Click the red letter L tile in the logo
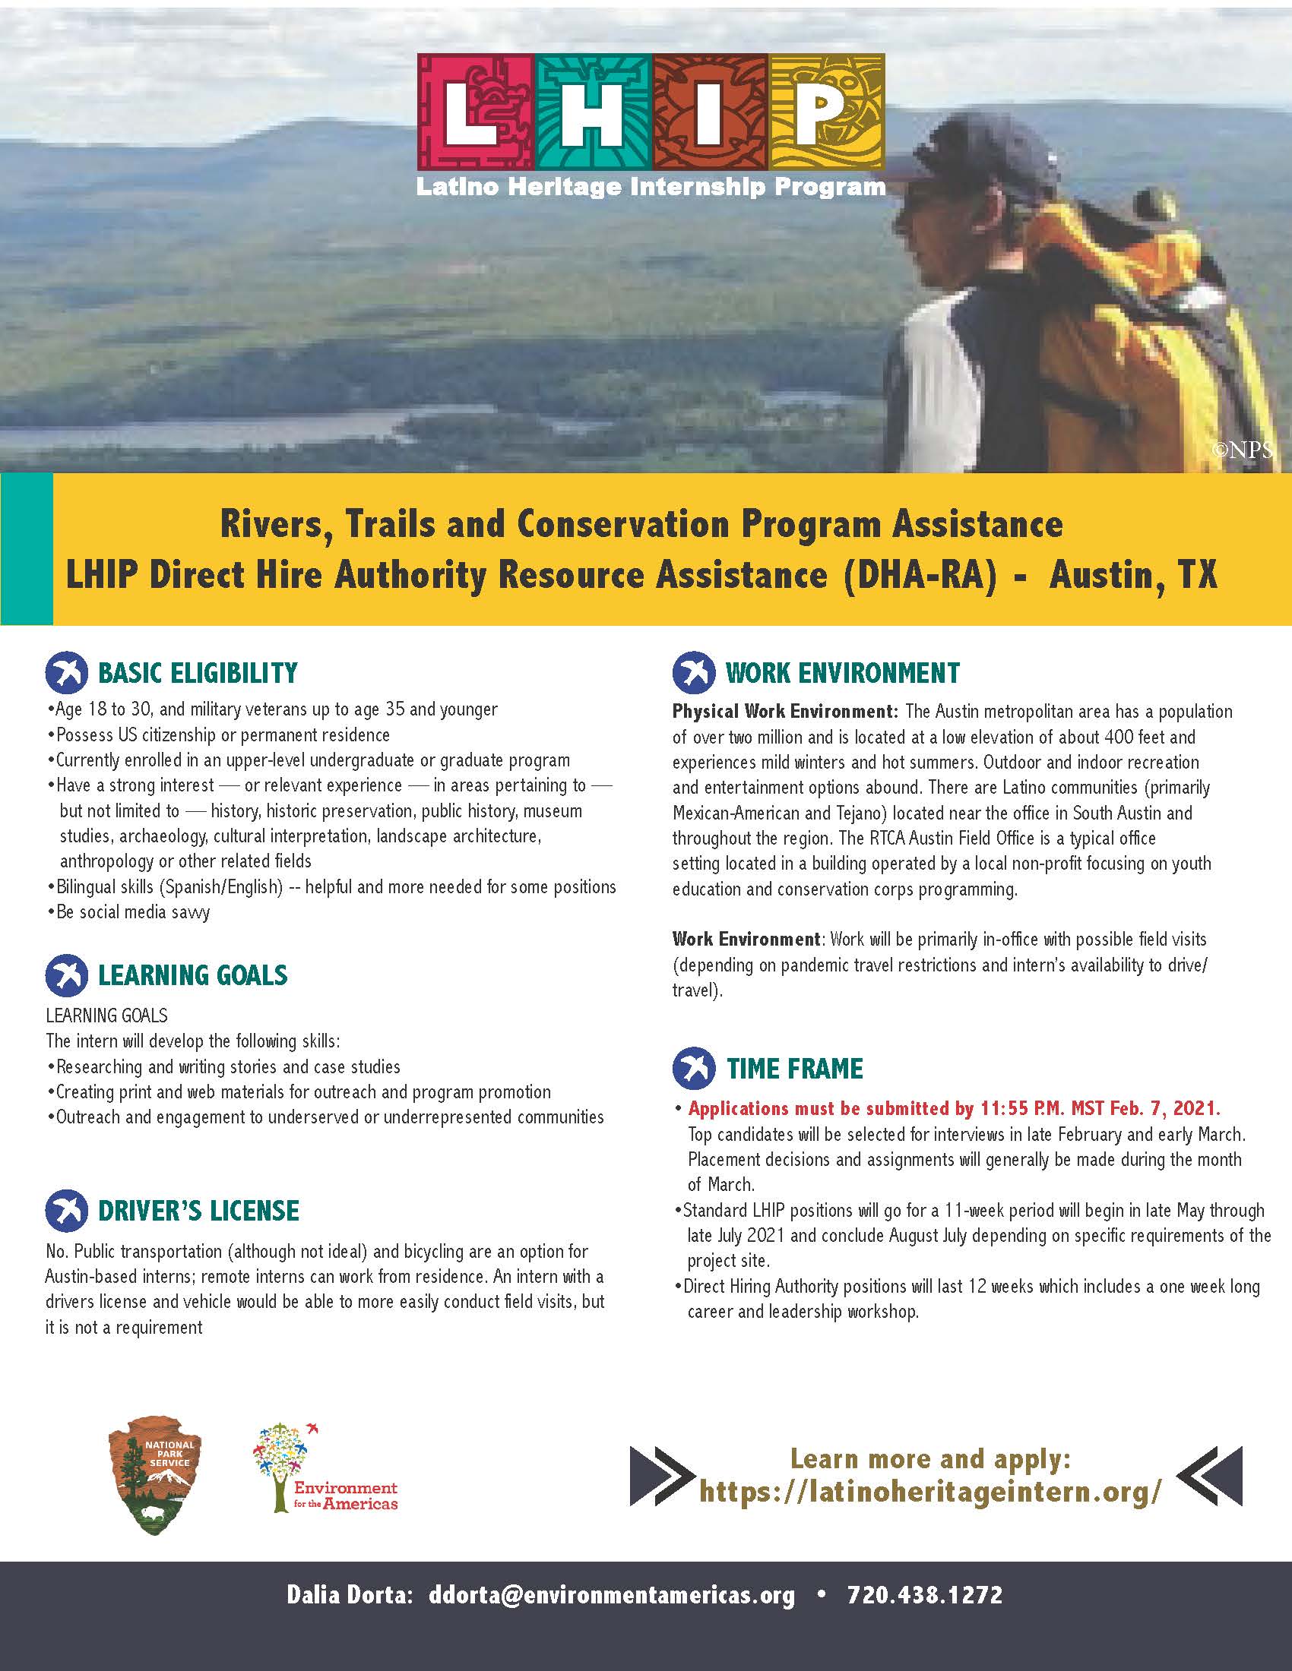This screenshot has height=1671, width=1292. click(475, 112)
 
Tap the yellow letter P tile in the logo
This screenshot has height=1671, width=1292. click(827, 112)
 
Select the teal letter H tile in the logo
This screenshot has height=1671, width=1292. click(593, 112)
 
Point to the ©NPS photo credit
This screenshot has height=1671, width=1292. click(1242, 450)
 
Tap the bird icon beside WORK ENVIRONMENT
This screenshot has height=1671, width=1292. click(693, 672)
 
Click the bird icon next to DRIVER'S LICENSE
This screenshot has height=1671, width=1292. click(67, 1211)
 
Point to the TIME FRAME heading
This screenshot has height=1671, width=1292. click(793, 1068)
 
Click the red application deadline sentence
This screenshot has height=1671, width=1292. click(954, 1108)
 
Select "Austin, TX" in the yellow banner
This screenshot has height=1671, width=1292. click(1133, 576)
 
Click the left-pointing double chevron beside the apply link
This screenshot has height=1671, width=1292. click(1210, 1477)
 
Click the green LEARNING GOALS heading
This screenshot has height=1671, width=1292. click(192, 975)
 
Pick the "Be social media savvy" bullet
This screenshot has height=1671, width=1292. click(132, 912)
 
